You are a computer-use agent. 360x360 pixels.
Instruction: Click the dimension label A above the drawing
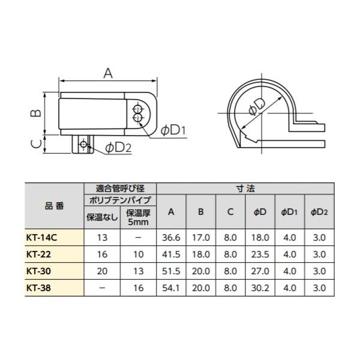108,73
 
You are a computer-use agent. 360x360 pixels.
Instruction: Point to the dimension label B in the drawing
36,113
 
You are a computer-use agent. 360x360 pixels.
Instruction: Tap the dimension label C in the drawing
36,144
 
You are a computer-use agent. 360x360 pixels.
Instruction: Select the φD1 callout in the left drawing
173,131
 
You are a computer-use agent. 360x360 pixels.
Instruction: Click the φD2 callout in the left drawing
118,148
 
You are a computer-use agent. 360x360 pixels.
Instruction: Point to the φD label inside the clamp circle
257,107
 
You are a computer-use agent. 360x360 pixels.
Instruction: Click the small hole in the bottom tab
83,144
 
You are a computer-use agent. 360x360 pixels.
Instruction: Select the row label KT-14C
41,238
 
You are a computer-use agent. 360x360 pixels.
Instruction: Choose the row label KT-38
38,287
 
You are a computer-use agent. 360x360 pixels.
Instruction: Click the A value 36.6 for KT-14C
171,238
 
